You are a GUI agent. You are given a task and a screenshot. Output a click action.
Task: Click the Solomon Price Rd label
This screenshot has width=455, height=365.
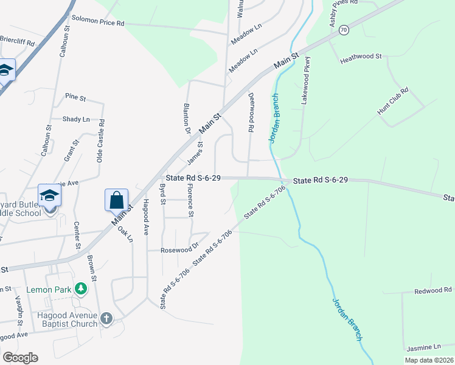point(98,23)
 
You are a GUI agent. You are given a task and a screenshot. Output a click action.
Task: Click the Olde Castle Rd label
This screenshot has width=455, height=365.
point(101,141)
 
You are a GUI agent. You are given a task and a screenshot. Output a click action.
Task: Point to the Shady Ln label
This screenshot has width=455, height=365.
point(76,119)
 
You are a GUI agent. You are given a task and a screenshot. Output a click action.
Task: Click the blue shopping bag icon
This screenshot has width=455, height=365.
point(116,199)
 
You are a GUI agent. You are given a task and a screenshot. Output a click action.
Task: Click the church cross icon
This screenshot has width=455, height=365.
point(106,318)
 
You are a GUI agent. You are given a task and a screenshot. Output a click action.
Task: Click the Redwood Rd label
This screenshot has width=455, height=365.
point(433,290)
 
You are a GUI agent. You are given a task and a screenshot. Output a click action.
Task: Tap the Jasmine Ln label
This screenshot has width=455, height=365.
point(424,347)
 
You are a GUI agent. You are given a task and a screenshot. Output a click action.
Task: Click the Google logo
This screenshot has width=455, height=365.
point(20,358)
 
